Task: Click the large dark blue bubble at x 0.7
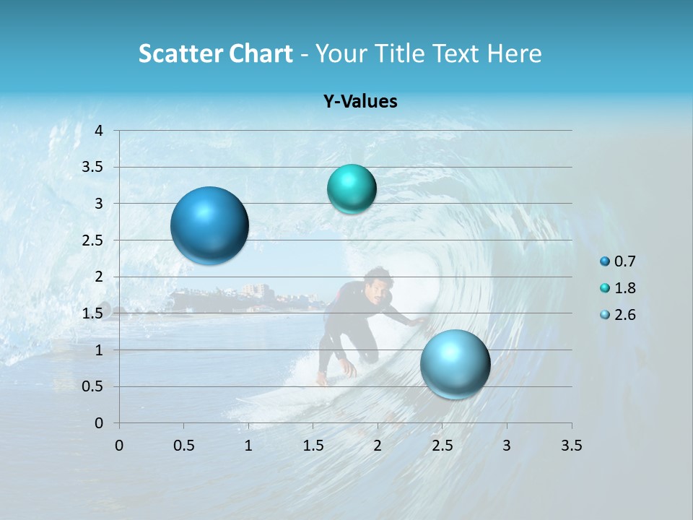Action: [x=210, y=225]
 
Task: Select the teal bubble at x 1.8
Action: [x=352, y=188]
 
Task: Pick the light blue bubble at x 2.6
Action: [x=455, y=364]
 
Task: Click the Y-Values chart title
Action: [x=360, y=102]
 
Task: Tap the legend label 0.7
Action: [x=624, y=261]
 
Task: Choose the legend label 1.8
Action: [x=624, y=288]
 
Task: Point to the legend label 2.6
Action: [x=624, y=315]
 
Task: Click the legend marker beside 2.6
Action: [x=605, y=315]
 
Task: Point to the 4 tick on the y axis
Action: [x=99, y=131]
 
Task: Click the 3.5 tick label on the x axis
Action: [x=571, y=446]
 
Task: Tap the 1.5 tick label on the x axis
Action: [x=313, y=446]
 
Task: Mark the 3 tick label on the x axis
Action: [x=507, y=446]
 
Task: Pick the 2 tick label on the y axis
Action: [x=99, y=277]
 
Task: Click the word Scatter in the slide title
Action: [x=180, y=53]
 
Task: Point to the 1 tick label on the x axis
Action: [x=248, y=446]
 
